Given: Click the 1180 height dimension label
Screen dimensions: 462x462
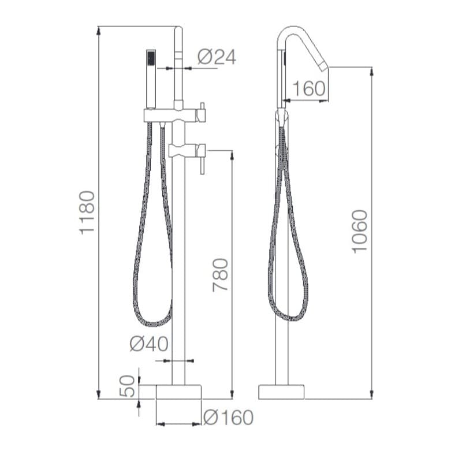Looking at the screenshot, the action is [87, 213].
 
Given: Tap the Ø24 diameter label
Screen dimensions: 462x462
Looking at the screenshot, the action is [217, 57].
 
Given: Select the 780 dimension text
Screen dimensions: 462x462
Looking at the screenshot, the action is [221, 275].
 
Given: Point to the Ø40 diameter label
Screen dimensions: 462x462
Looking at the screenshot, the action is [149, 344].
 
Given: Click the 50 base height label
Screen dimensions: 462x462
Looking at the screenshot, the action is [127, 386].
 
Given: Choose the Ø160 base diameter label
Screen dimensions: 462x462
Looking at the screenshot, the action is [228, 417].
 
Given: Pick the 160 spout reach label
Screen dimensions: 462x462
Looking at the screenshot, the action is [309, 88].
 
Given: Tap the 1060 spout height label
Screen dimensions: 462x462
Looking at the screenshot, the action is [360, 232].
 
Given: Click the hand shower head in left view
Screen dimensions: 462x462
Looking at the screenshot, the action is [151, 79].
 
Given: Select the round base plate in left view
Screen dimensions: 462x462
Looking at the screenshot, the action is [178, 392].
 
